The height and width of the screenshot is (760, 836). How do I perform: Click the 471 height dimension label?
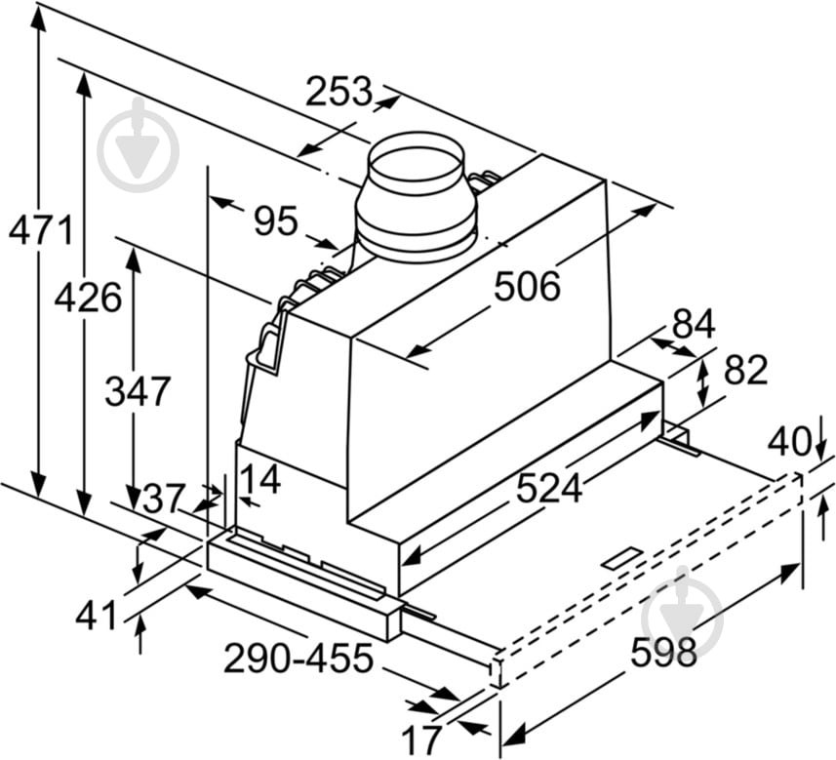coord(40,231)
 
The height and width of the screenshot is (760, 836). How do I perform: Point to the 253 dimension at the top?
coord(338,92)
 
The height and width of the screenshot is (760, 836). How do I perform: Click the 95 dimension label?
coord(275,222)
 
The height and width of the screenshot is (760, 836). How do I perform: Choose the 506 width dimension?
coord(527,287)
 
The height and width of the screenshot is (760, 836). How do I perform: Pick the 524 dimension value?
coord(549,487)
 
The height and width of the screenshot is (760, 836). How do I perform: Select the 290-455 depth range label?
coord(298,660)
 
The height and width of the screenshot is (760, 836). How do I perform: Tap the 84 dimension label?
coord(693,324)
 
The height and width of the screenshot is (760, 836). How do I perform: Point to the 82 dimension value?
coord(745,370)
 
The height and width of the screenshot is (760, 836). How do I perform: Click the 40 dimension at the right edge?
coord(788,441)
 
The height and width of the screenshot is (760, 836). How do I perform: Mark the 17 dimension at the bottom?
coord(421,739)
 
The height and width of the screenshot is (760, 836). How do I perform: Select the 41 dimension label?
coord(96,616)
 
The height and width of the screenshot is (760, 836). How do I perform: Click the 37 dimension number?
coord(162,500)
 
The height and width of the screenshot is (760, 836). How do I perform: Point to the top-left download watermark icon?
coord(139,146)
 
